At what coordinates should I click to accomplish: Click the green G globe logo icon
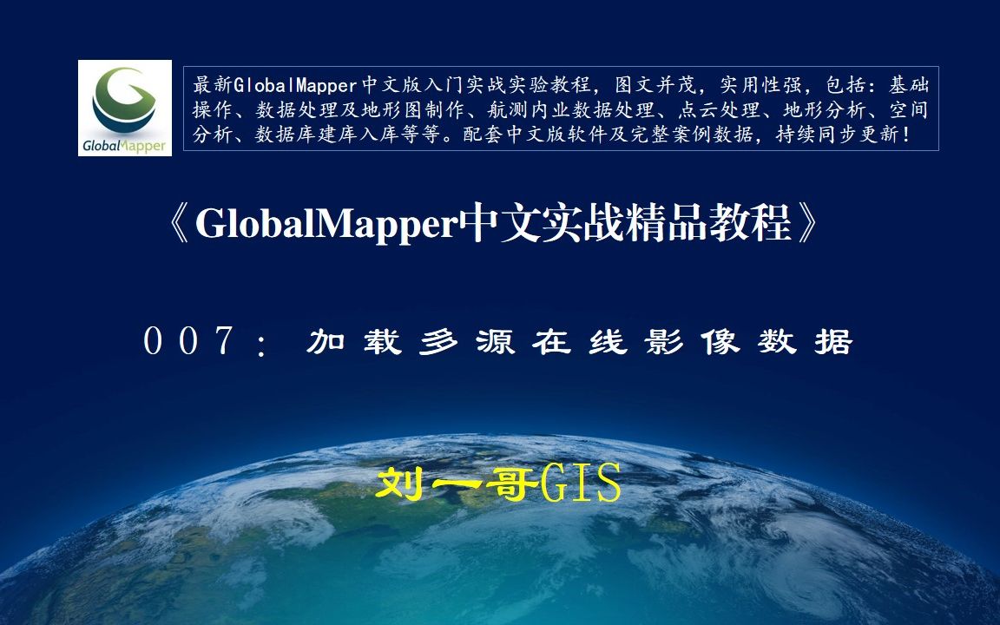[x=124, y=97]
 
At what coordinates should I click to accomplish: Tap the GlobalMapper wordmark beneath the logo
[x=124, y=143]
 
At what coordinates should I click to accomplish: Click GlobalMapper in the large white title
[x=326, y=225]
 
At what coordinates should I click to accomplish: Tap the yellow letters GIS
[x=580, y=484]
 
